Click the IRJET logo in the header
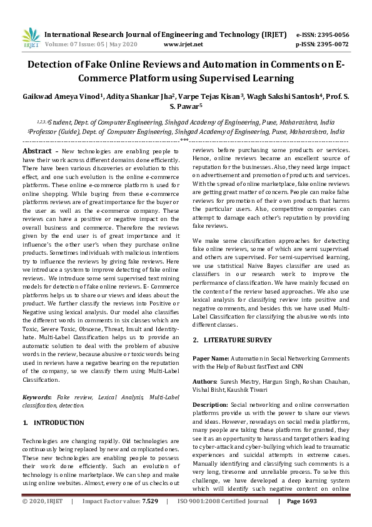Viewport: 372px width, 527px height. (x=30, y=39)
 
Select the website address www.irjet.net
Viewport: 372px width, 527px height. (x=183, y=44)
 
